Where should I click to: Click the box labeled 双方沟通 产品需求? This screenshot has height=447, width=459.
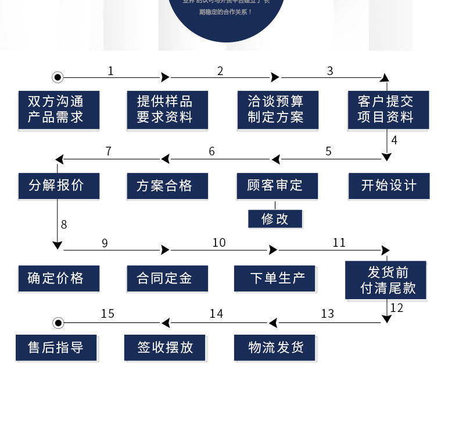point(58,109)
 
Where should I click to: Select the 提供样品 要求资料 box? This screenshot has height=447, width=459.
point(167,109)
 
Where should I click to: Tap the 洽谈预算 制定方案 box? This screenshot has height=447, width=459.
point(278,109)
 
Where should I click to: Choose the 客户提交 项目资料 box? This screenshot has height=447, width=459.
point(388,109)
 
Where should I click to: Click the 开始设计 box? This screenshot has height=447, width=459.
point(389,186)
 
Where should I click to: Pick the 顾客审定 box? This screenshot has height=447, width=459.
point(277,186)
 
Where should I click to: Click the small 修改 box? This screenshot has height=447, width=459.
point(275,219)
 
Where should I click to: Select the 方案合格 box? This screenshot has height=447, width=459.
point(167,186)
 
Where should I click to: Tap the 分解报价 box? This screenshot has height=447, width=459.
point(58,186)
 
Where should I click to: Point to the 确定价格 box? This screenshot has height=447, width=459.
point(58,278)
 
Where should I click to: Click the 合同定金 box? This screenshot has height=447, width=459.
point(167,278)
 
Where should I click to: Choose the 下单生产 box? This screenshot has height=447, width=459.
point(274,278)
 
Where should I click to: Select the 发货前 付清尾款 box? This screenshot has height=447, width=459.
point(385,280)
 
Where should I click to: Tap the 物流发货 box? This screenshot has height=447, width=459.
point(274,347)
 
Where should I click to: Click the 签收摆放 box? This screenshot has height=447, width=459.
point(164,347)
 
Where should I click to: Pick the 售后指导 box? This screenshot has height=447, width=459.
point(56,347)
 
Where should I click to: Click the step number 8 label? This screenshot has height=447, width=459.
point(64,225)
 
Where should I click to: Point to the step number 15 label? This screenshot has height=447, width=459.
point(107,314)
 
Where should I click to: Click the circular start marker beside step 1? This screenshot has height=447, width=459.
point(57,77)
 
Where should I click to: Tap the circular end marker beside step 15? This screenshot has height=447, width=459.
point(58,322)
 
